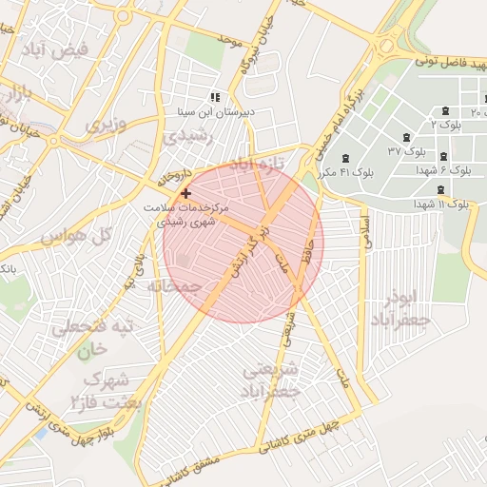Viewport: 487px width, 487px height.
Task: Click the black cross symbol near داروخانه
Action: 185,193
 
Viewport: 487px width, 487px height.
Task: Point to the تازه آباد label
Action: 258,164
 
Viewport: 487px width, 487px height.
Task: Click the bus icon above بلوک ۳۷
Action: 408,138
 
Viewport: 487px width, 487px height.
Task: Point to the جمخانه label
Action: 174,285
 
